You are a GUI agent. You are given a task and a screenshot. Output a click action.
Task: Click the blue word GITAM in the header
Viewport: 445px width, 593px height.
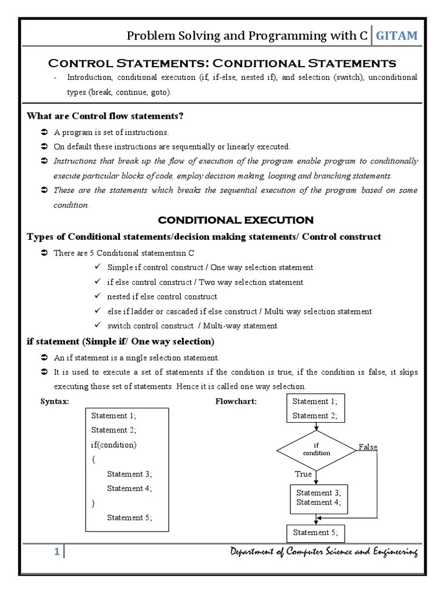(x=396, y=36)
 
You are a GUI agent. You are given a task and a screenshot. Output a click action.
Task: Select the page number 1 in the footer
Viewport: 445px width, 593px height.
(x=57, y=552)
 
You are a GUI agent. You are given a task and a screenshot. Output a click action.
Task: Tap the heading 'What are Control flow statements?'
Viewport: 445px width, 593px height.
(x=105, y=116)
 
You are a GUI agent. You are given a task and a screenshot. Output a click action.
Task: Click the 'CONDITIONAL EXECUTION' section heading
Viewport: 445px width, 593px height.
(x=236, y=220)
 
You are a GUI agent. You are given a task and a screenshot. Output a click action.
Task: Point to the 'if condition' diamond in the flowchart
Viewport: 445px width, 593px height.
(x=316, y=449)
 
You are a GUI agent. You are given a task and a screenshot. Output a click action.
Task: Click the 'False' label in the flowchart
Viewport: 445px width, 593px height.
(x=368, y=447)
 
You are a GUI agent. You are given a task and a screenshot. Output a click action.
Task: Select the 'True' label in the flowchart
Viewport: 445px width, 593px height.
(x=304, y=474)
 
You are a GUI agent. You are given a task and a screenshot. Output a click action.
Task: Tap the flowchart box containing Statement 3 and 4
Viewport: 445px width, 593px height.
(x=319, y=498)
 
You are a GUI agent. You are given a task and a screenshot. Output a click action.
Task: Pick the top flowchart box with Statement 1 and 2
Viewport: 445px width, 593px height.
(x=315, y=408)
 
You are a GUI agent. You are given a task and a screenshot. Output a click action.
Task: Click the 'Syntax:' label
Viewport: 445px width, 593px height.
(x=54, y=401)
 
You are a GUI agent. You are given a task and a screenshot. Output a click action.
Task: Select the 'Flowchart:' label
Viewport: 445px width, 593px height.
(x=236, y=401)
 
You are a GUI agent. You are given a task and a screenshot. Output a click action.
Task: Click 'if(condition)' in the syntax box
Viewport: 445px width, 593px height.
(x=114, y=445)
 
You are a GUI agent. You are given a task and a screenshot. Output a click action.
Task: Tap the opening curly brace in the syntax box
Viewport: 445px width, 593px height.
(x=93, y=459)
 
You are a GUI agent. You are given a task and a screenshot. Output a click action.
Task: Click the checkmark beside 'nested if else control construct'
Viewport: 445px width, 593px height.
(x=97, y=296)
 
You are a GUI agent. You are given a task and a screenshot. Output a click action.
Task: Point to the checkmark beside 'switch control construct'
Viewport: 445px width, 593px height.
(x=97, y=325)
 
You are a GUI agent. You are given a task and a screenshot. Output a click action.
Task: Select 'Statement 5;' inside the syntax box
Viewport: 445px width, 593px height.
(x=129, y=518)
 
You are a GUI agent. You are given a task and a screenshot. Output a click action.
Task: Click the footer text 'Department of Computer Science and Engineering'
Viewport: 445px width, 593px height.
(x=323, y=552)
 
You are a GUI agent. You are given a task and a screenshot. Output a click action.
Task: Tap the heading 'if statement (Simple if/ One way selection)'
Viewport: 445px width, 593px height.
(x=121, y=341)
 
